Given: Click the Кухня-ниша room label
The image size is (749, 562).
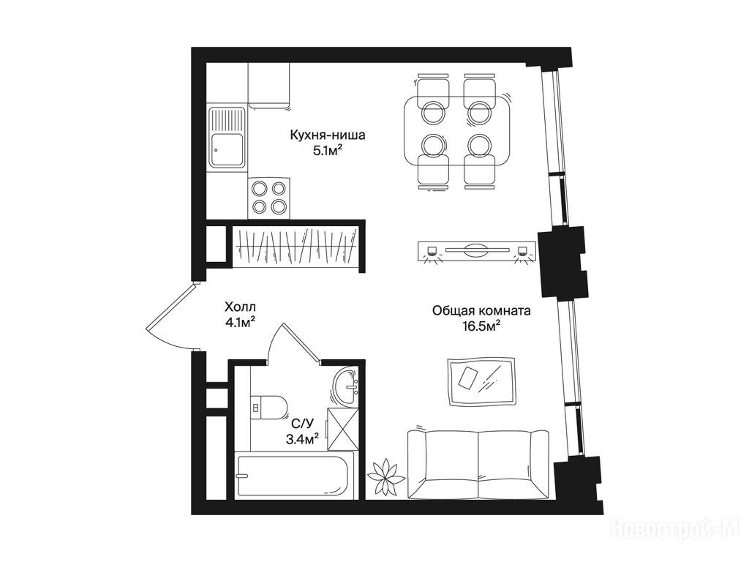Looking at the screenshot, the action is tap(328, 135).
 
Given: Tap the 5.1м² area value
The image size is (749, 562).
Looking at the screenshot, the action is tap(328, 151).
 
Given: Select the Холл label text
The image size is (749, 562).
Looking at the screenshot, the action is tap(240, 307).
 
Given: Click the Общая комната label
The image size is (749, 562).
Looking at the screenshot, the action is tap(481, 311).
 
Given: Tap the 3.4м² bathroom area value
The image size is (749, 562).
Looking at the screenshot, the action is tap(302, 439).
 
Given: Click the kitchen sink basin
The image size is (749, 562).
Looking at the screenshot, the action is tap(227, 149).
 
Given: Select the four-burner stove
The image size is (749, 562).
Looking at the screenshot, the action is tap(269, 198).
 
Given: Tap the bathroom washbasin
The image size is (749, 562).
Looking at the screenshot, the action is tap(346, 386).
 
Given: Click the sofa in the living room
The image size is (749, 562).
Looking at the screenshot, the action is tap(478, 465).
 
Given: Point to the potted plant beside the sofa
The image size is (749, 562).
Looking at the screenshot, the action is tap(385, 476).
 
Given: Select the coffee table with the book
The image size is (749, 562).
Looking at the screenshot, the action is tap(481, 382).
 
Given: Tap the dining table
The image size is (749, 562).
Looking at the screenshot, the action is tap(456, 130).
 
